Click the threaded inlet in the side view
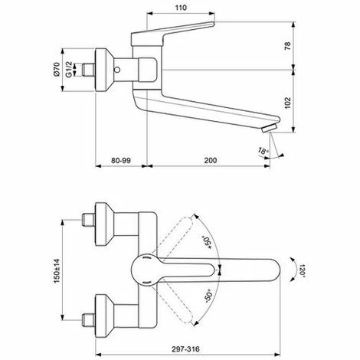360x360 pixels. (92, 70)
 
